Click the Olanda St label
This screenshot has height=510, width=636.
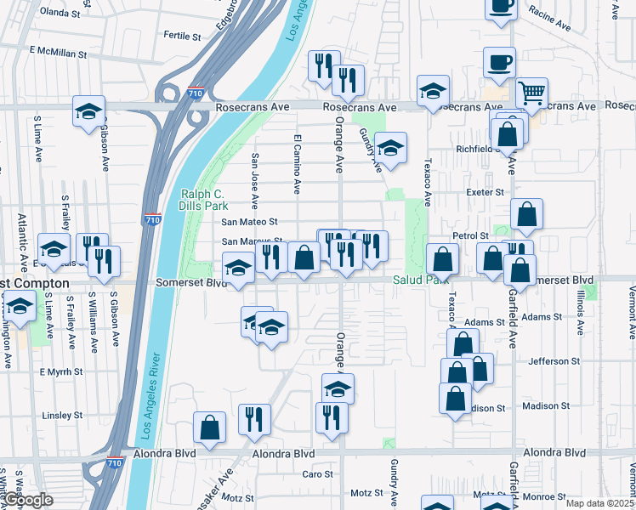pos(60,14)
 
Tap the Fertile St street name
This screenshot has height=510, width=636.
pos(182,37)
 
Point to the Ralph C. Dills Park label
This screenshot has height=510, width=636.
pos(204,200)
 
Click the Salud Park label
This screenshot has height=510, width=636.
pos(419,280)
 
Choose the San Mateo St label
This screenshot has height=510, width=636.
pos(250,222)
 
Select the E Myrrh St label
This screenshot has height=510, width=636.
pos(61,372)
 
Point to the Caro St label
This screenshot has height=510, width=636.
pos(318,474)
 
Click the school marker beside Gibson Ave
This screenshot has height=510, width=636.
pos(88,113)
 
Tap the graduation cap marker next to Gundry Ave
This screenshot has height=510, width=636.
pos(390,148)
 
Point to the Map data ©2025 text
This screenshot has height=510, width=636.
pos(599,503)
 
